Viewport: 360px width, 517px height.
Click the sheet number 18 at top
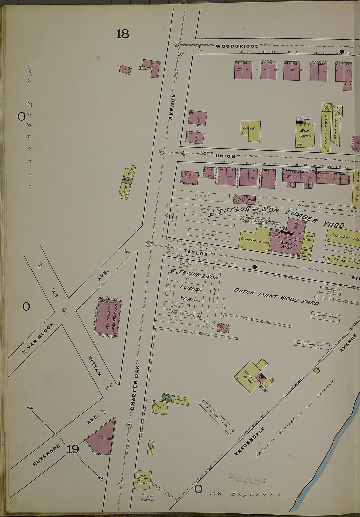point(123,34)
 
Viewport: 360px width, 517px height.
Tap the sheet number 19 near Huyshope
point(73,449)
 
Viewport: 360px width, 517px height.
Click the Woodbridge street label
point(237,46)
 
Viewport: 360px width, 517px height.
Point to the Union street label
point(225,156)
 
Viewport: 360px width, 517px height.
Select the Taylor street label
point(195,253)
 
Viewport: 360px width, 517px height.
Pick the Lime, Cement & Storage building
point(143,480)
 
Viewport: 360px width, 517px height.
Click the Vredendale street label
point(249,441)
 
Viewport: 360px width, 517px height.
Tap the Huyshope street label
point(46,455)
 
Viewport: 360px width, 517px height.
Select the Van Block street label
point(38,336)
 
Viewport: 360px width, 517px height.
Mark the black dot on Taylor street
point(255,267)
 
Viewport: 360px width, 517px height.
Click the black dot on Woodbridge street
point(342,51)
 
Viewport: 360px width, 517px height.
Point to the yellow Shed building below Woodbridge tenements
point(250,131)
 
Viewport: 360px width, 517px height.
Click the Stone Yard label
point(147,498)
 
